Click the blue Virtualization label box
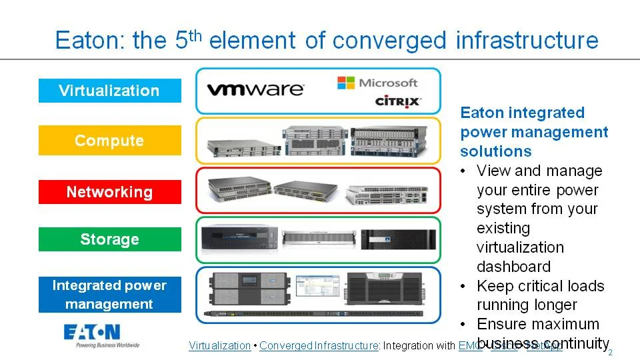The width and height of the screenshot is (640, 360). point(109,91)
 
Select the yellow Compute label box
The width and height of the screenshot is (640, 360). point(109,141)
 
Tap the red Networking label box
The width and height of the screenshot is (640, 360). point(109,192)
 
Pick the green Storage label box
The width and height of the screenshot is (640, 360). point(109,239)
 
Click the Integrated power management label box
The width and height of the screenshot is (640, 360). point(109,295)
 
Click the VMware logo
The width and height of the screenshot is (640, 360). point(255,89)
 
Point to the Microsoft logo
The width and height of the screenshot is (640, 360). point(377,83)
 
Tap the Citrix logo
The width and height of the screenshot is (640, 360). point(398,101)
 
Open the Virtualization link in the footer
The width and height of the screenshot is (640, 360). point(219,345)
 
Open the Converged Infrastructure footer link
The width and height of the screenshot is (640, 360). point(319,345)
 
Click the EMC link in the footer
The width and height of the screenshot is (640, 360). point(467,345)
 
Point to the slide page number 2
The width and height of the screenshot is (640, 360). point(610,353)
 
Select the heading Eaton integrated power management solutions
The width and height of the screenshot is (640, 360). point(533,131)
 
